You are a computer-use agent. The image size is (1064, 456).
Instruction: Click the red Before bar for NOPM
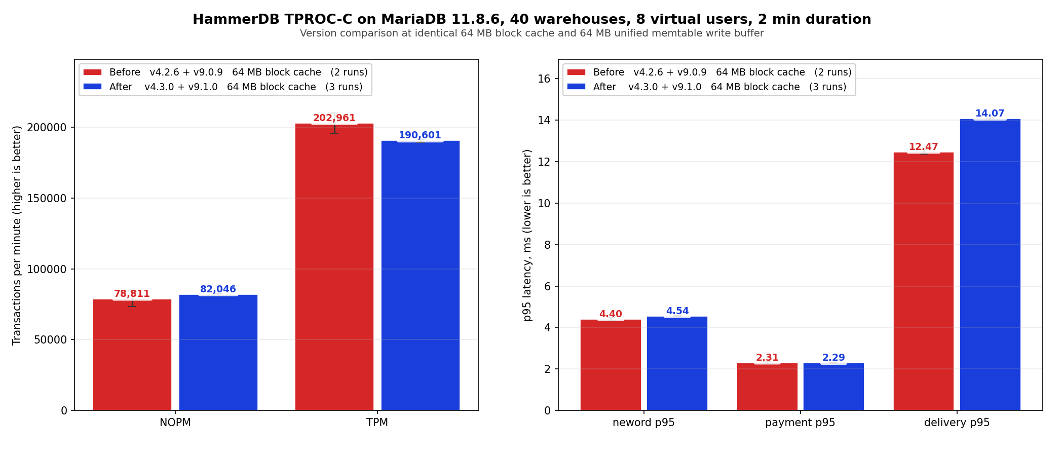132,355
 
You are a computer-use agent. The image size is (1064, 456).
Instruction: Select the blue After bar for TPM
421,276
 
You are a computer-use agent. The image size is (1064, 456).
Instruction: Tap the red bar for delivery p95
923,281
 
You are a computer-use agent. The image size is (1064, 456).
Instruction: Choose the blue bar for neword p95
677,363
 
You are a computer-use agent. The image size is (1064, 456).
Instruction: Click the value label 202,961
334,118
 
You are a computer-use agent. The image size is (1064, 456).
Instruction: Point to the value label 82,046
218,289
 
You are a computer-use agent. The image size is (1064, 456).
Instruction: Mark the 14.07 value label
990,113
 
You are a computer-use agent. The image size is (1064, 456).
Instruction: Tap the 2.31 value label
767,358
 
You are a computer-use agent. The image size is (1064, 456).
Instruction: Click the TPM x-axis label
377,423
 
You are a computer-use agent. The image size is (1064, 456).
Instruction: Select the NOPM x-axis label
175,423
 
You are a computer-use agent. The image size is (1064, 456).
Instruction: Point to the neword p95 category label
643,423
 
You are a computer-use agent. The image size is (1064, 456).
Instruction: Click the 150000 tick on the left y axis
47,198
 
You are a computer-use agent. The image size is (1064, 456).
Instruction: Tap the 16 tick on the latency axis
544,79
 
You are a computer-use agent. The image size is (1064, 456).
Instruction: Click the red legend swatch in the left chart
92,72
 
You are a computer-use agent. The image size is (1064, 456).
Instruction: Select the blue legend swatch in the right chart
576,87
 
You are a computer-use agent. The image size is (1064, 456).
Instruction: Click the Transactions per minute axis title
17,235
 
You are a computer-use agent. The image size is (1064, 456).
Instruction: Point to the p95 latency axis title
527,235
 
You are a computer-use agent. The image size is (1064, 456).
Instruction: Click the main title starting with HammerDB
531,19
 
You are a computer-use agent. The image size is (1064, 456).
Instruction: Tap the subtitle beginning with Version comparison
531,33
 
